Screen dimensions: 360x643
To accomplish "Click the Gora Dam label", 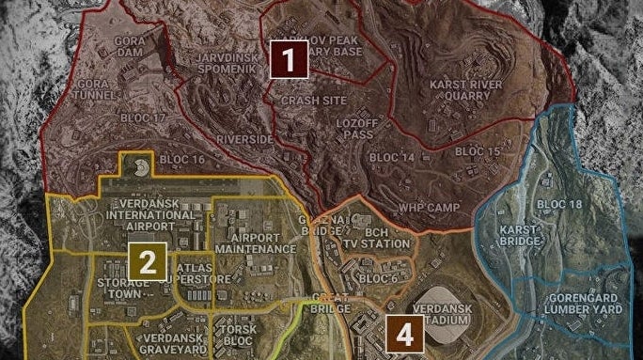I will coord(129,48).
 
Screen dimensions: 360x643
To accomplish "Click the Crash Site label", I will coord(306,100).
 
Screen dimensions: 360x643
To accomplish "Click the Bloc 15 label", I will coord(477,151).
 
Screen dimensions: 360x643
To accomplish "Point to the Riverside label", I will coord(244,140).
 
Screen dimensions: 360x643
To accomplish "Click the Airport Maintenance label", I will coord(255,243).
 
